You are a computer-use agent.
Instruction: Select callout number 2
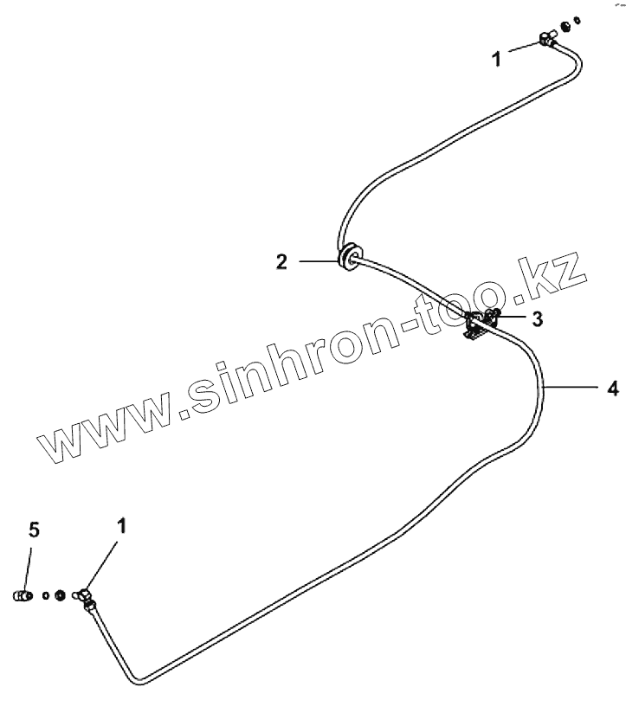click(x=281, y=260)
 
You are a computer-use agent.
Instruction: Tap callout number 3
click(x=538, y=319)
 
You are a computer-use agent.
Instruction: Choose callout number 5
click(x=34, y=530)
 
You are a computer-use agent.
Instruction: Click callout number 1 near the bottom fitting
click(x=121, y=524)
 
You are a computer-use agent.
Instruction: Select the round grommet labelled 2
click(x=349, y=258)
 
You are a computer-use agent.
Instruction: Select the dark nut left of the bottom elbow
click(x=60, y=594)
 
